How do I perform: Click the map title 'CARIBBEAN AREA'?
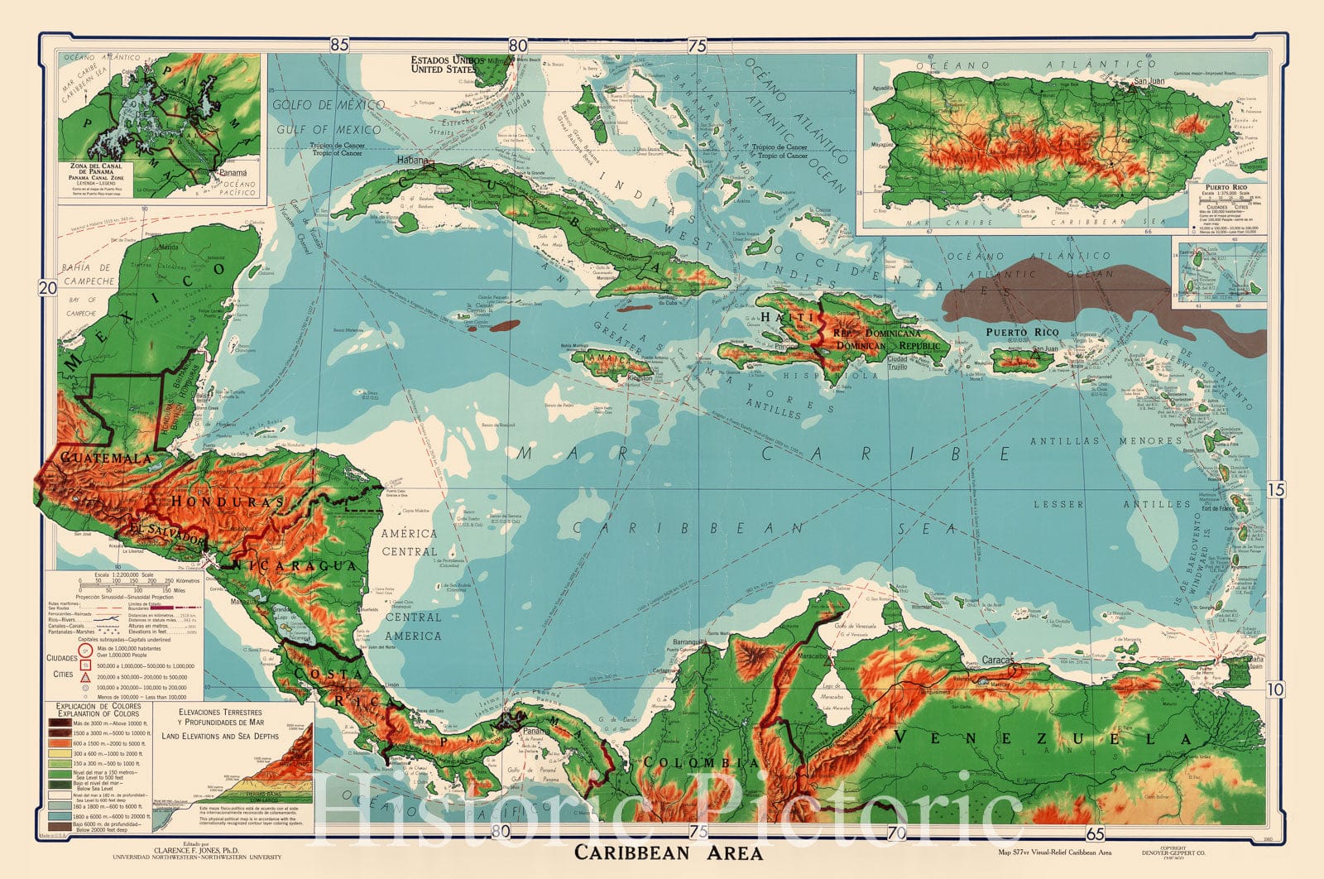pyautogui.click(x=669, y=852)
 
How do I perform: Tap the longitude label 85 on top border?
pyautogui.click(x=339, y=46)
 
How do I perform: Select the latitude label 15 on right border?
pyautogui.click(x=1276, y=489)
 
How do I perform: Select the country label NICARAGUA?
pyautogui.click(x=297, y=564)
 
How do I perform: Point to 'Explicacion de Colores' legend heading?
pyautogui.click(x=98, y=709)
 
